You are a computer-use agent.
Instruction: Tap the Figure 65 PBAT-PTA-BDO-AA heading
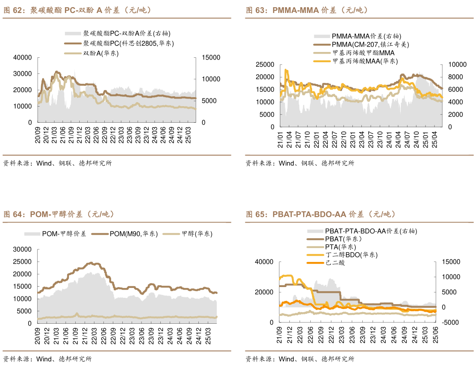[320, 214]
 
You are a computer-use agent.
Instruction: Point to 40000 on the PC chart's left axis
[22, 57]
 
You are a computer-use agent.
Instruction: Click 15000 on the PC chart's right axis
[211, 57]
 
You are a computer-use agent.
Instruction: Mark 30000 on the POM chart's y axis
[22, 249]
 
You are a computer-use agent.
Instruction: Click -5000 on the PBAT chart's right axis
[451, 322]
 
